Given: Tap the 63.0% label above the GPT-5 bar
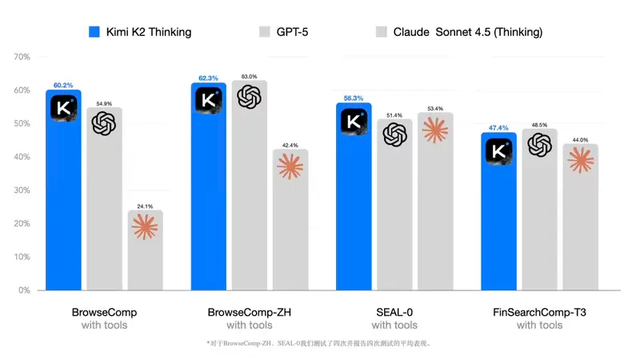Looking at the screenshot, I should click(250, 77).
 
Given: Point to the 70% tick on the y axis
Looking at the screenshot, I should click(21, 57).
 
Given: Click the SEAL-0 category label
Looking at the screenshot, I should click(394, 311).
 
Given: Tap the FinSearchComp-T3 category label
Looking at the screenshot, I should click(539, 311).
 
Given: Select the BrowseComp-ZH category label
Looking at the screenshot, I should click(249, 311).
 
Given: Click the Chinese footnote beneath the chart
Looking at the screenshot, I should click(319, 343).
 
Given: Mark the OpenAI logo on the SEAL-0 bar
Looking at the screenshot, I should click(394, 134).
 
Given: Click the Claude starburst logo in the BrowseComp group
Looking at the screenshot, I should click(145, 228).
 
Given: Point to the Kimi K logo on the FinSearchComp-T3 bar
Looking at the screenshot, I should click(499, 150).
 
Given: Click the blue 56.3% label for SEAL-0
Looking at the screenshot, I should click(353, 98).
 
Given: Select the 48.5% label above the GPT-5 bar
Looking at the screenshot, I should click(539, 125).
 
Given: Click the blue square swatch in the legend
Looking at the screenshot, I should click(94, 32).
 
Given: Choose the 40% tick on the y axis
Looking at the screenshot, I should click(21, 157).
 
